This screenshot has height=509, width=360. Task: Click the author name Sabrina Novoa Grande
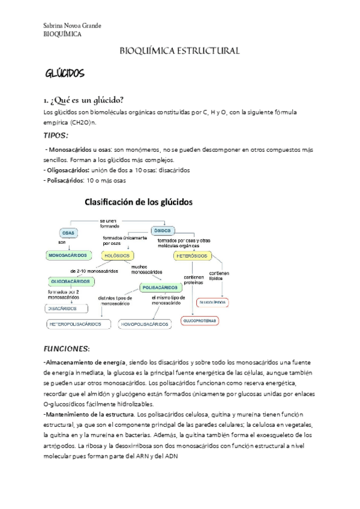point(73,25)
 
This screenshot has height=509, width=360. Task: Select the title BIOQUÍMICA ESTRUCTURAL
point(180,51)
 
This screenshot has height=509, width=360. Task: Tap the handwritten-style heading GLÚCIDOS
point(65,74)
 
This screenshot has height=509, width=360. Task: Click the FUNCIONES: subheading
point(67,349)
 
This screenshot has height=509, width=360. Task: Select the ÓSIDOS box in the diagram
point(163,230)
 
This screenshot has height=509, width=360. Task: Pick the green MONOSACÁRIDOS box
point(67,255)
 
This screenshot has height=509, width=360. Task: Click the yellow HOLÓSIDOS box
point(118,255)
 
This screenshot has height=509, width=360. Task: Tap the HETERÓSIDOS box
point(193,255)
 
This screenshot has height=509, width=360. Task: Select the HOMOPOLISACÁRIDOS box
point(145,324)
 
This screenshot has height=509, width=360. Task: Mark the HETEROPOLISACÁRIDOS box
point(79,324)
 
